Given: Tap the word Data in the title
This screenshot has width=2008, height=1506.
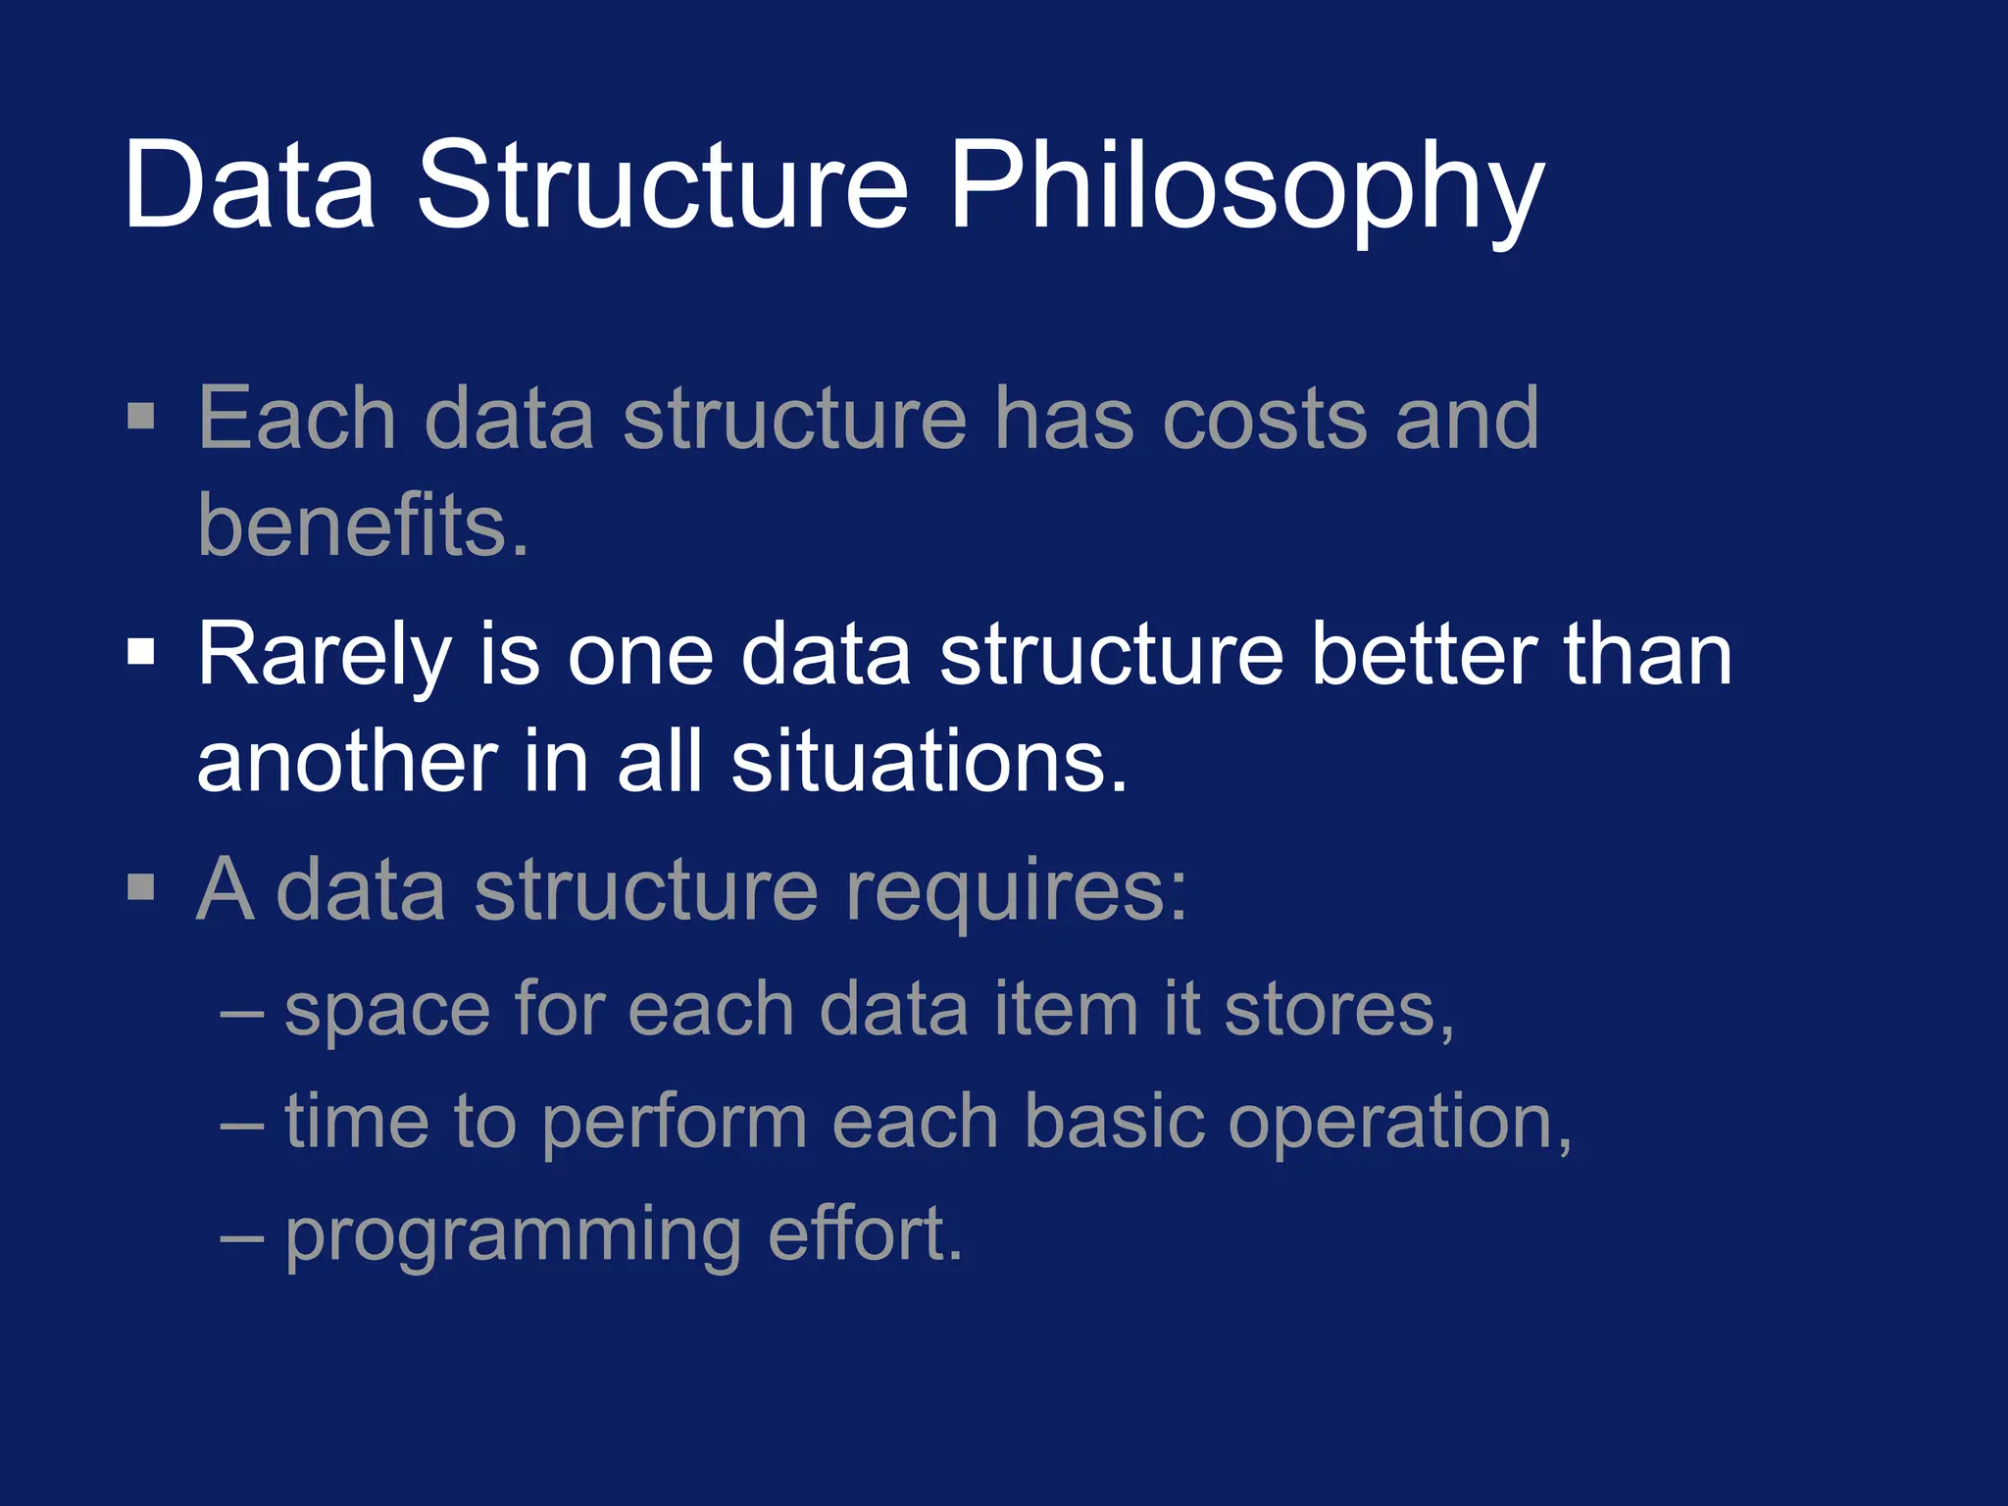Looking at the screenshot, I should click(x=250, y=186).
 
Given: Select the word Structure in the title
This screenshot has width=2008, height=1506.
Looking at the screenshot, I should click(x=663, y=186).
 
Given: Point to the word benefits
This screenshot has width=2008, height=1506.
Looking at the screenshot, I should click(x=363, y=526).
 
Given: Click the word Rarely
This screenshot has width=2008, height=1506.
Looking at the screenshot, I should click(x=325, y=655).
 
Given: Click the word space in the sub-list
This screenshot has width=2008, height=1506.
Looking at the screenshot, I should click(x=387, y=1010).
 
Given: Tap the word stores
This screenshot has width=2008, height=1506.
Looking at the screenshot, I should click(x=1338, y=1010).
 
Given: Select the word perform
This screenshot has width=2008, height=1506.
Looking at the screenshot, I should click(x=674, y=1123).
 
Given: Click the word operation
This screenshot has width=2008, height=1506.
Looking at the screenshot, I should click(x=1399, y=1123).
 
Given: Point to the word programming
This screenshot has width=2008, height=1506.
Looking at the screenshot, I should click(x=513, y=1235).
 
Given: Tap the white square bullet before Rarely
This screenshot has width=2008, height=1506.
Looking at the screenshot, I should click(x=141, y=652).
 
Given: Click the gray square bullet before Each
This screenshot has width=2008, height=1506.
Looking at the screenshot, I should click(x=141, y=416).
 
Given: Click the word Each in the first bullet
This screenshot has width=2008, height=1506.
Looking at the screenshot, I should click(x=297, y=420).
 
